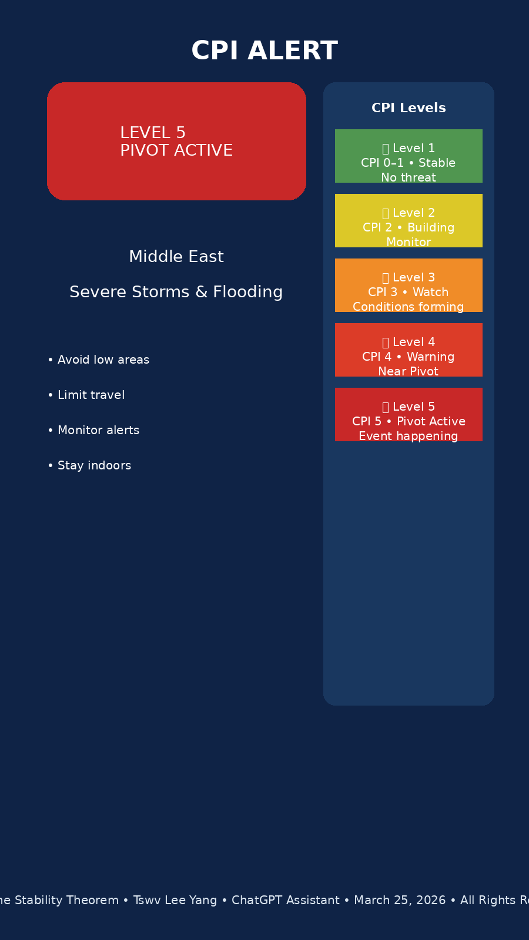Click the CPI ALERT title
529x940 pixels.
pos(264,51)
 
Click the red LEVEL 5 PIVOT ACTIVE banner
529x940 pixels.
pos(176,142)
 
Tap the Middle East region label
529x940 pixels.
pos(176,257)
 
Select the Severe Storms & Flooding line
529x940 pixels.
pos(176,292)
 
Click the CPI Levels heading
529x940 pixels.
pos(409,108)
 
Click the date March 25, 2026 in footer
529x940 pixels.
pos(400,901)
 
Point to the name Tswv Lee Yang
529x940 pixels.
pos(175,901)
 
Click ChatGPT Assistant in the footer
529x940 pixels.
pos(286,901)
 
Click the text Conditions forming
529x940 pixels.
pos(409,307)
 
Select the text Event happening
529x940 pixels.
pos(409,437)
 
